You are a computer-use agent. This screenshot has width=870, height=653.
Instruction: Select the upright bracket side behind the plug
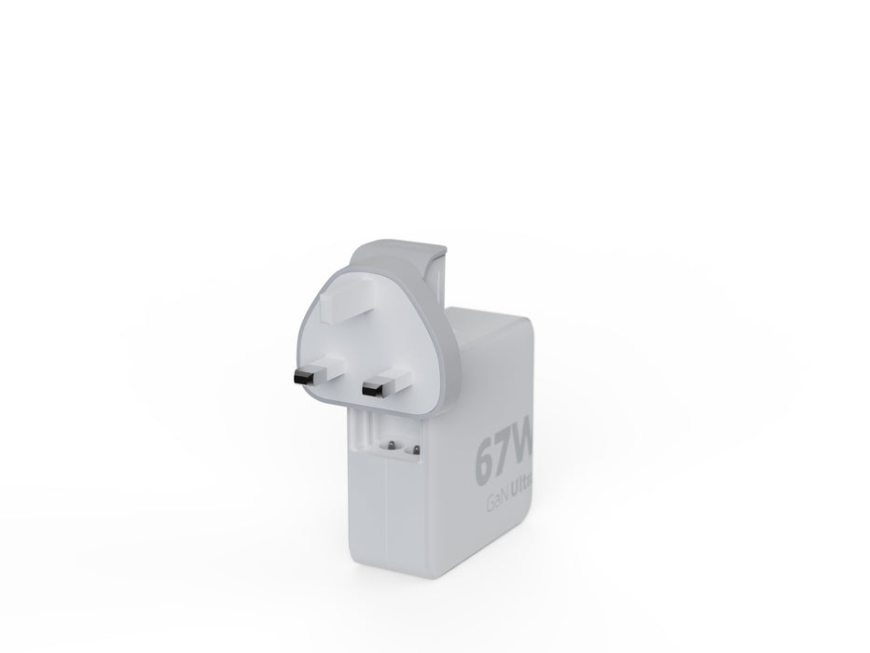(445, 280)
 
